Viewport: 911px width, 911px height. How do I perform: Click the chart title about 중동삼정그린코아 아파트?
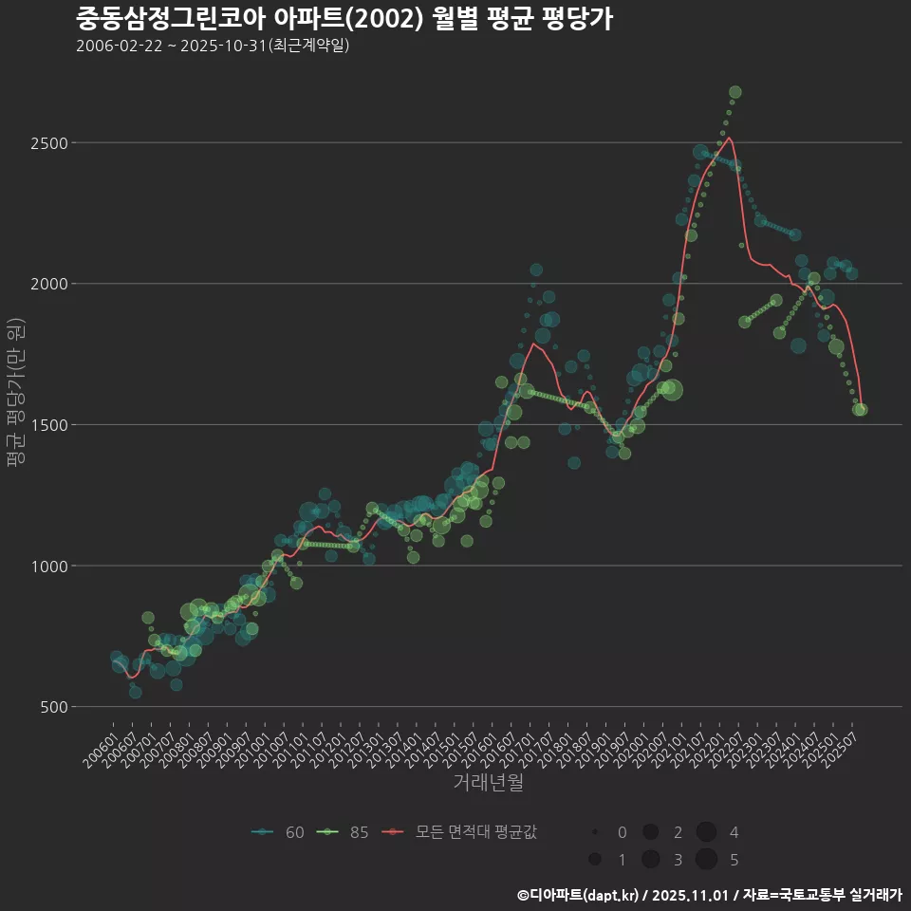(x=344, y=18)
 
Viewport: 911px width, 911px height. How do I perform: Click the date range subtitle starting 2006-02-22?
(x=213, y=46)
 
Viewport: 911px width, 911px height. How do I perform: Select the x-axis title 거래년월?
(x=488, y=782)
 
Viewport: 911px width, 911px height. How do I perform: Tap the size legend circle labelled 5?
(x=705, y=860)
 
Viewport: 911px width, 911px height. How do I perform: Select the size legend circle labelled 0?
(x=594, y=832)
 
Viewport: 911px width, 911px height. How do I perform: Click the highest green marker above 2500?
(x=734, y=92)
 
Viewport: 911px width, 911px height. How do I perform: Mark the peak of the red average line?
(x=728, y=138)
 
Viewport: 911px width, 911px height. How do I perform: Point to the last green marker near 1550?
(x=861, y=410)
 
